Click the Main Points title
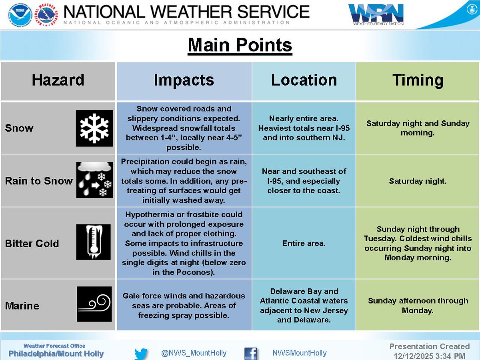point(240,45)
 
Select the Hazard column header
point(58,80)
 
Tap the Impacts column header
point(184,80)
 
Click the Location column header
point(304,80)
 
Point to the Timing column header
point(418,80)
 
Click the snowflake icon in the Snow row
point(94,128)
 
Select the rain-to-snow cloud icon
point(94,180)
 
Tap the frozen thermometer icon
point(94,242)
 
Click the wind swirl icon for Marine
point(94,304)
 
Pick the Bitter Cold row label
point(32,243)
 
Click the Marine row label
point(22,306)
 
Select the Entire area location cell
point(304,243)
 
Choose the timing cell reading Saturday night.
point(418,181)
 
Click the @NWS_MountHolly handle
point(194,353)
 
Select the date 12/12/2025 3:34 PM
point(429,356)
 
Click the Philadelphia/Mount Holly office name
point(56,354)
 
